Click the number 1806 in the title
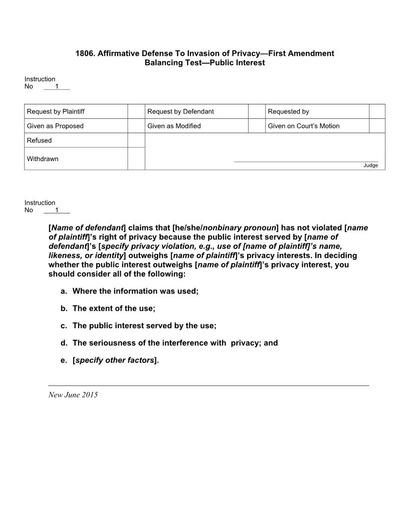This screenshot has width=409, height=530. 85,53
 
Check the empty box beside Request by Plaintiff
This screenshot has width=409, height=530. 136,111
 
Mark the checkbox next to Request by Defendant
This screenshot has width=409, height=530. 257,111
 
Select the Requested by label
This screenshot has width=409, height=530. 288,111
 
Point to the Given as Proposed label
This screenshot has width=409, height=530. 55,126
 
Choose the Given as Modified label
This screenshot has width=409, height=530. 174,126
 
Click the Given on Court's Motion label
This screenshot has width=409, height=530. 303,126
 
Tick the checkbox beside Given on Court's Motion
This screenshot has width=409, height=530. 377,126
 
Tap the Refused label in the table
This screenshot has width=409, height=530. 39,141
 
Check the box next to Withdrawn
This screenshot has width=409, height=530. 136,159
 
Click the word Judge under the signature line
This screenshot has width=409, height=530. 370,166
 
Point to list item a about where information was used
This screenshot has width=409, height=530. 135,291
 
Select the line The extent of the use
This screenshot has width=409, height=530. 114,309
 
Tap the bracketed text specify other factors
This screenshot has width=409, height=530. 115,360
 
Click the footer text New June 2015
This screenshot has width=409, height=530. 73,395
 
